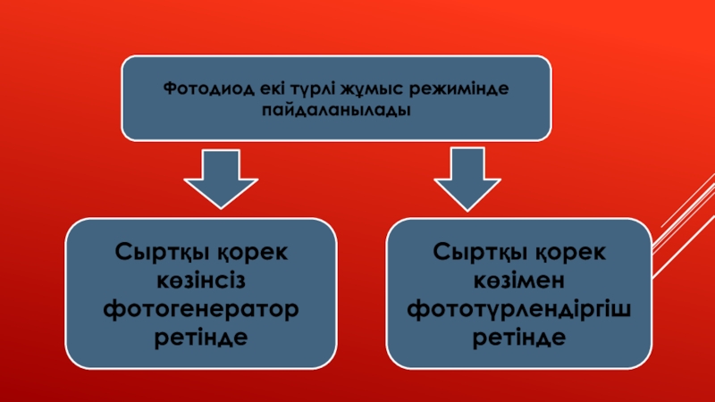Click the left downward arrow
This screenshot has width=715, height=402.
coord(221,179)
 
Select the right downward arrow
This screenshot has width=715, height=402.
coord(466,179)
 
